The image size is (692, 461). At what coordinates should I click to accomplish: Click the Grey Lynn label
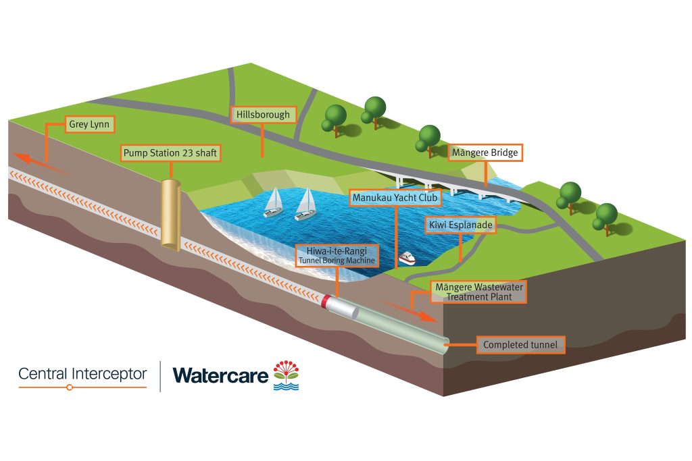[x=89, y=124]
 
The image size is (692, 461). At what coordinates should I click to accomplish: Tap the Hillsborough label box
[x=263, y=115]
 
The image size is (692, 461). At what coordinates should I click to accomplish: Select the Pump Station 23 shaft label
[x=170, y=153]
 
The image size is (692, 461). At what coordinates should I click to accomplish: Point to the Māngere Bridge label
[x=486, y=153]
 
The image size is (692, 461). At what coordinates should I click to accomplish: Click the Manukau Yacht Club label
[x=395, y=198]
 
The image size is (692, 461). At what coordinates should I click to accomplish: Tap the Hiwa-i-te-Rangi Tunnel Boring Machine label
[x=337, y=254]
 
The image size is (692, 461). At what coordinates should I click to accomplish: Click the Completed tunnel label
[x=520, y=345]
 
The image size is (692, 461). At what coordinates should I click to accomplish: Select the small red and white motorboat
[x=407, y=259]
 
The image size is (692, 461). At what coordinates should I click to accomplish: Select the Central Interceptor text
[x=82, y=373]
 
